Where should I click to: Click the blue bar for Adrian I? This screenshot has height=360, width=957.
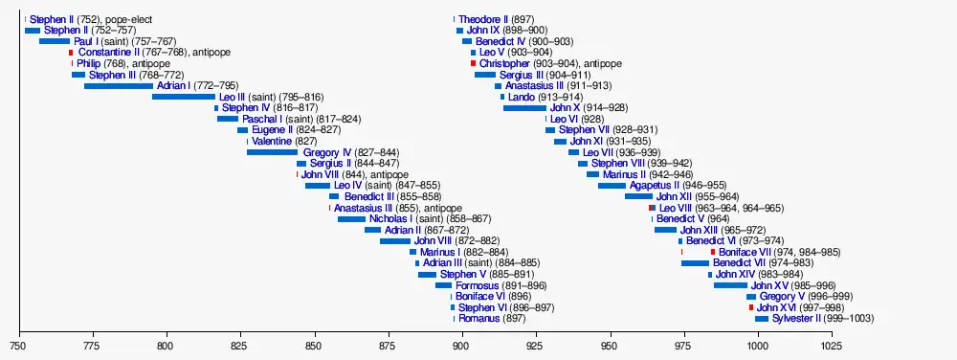(119, 85)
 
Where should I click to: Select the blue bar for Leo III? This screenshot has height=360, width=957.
(184, 97)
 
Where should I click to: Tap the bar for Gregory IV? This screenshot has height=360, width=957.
(272, 152)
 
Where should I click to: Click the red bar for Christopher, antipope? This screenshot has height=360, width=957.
(473, 63)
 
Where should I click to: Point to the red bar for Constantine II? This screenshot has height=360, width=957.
(71, 53)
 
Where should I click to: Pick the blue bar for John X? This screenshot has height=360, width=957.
(524, 108)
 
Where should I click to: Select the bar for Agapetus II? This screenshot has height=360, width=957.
(612, 186)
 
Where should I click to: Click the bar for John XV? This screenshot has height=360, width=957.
(730, 285)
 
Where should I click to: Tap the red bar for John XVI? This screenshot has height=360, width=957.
(751, 307)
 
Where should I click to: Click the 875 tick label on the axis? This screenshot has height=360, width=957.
(389, 346)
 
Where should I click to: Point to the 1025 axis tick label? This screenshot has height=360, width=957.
(832, 346)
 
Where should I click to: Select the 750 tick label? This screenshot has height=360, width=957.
(19, 346)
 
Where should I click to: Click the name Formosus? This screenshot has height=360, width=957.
(478, 285)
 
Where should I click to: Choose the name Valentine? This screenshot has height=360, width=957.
(272, 141)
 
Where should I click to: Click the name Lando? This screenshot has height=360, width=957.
(521, 97)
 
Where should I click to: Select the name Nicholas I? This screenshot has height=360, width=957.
(391, 218)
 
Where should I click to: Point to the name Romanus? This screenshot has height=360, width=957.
(479, 319)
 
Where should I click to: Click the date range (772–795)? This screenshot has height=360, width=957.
(216, 85)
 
